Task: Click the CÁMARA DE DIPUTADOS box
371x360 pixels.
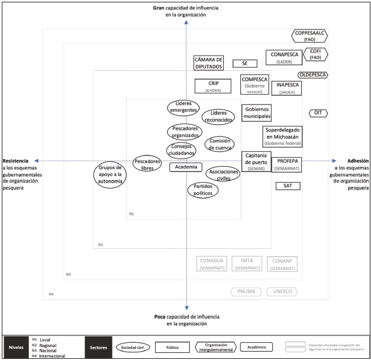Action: point(208,63)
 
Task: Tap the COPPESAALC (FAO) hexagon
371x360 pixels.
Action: point(309,35)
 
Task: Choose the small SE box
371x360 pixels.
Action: point(244,63)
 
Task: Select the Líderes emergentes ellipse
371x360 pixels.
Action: point(183,107)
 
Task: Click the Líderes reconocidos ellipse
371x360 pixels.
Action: point(218,116)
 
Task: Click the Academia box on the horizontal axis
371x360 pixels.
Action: point(186,167)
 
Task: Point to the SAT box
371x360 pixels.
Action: point(288,186)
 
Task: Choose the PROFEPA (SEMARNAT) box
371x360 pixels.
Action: point(286,164)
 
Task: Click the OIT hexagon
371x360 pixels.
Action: point(317,113)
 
